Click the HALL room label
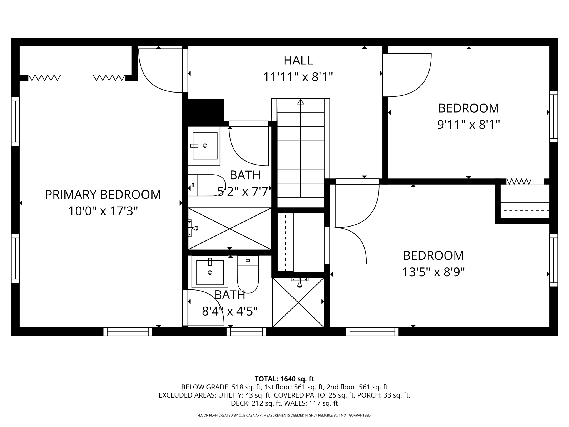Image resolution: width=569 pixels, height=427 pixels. (298, 60)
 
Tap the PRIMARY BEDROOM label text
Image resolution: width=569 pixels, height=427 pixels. (103, 195)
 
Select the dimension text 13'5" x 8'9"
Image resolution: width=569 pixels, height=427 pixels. (433, 272)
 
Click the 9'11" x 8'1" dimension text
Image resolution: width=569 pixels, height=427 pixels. (468, 125)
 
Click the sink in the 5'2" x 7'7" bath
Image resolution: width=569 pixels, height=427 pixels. (205, 146)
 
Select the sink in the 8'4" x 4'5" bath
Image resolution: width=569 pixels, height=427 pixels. (210, 272)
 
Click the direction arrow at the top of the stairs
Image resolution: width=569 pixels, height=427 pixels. (300, 102)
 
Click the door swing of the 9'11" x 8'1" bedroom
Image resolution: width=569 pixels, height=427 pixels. (409, 75)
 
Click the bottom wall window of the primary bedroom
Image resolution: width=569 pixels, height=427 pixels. (128, 332)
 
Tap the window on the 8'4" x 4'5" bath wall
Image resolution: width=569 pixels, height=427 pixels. (246, 332)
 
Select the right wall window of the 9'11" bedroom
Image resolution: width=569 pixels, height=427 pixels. (553, 116)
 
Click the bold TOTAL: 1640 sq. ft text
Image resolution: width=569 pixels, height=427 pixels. (284, 379)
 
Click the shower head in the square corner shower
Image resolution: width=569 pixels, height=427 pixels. (300, 282)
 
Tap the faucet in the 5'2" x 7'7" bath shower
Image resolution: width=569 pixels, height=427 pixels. (193, 228)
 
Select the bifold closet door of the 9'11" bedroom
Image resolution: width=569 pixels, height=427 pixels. (519, 182)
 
